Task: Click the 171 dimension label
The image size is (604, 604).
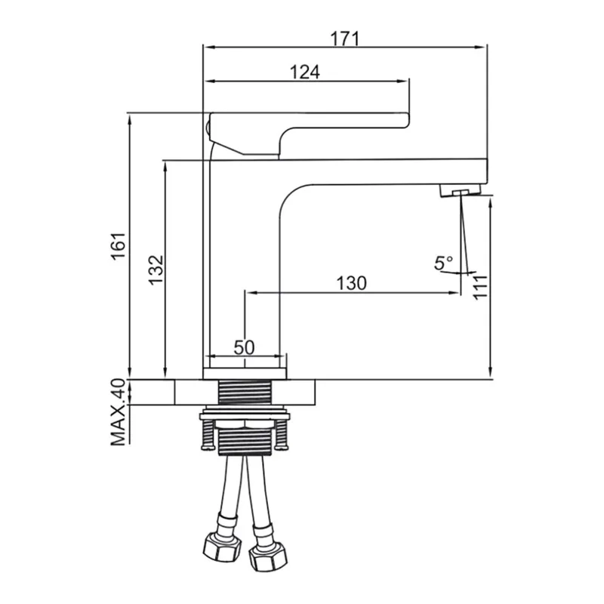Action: [x=345, y=39]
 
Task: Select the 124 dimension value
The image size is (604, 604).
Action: [x=305, y=72]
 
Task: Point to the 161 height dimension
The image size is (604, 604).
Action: [x=119, y=247]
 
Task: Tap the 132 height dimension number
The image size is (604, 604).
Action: [x=156, y=270]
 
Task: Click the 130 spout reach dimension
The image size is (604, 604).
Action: [x=351, y=283]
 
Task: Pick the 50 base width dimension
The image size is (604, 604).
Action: [x=244, y=347]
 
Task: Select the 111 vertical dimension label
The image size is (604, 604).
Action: [x=480, y=288]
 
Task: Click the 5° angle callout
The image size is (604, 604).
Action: [x=443, y=263]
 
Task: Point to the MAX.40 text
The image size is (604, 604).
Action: [x=119, y=412]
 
